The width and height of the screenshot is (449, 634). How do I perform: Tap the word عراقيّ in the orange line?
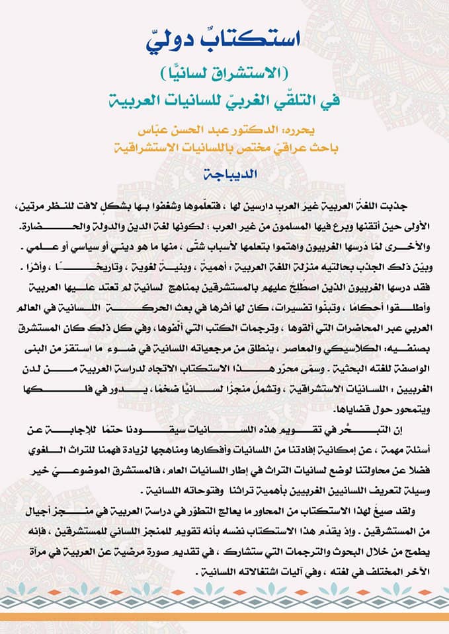click(x=300, y=145)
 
